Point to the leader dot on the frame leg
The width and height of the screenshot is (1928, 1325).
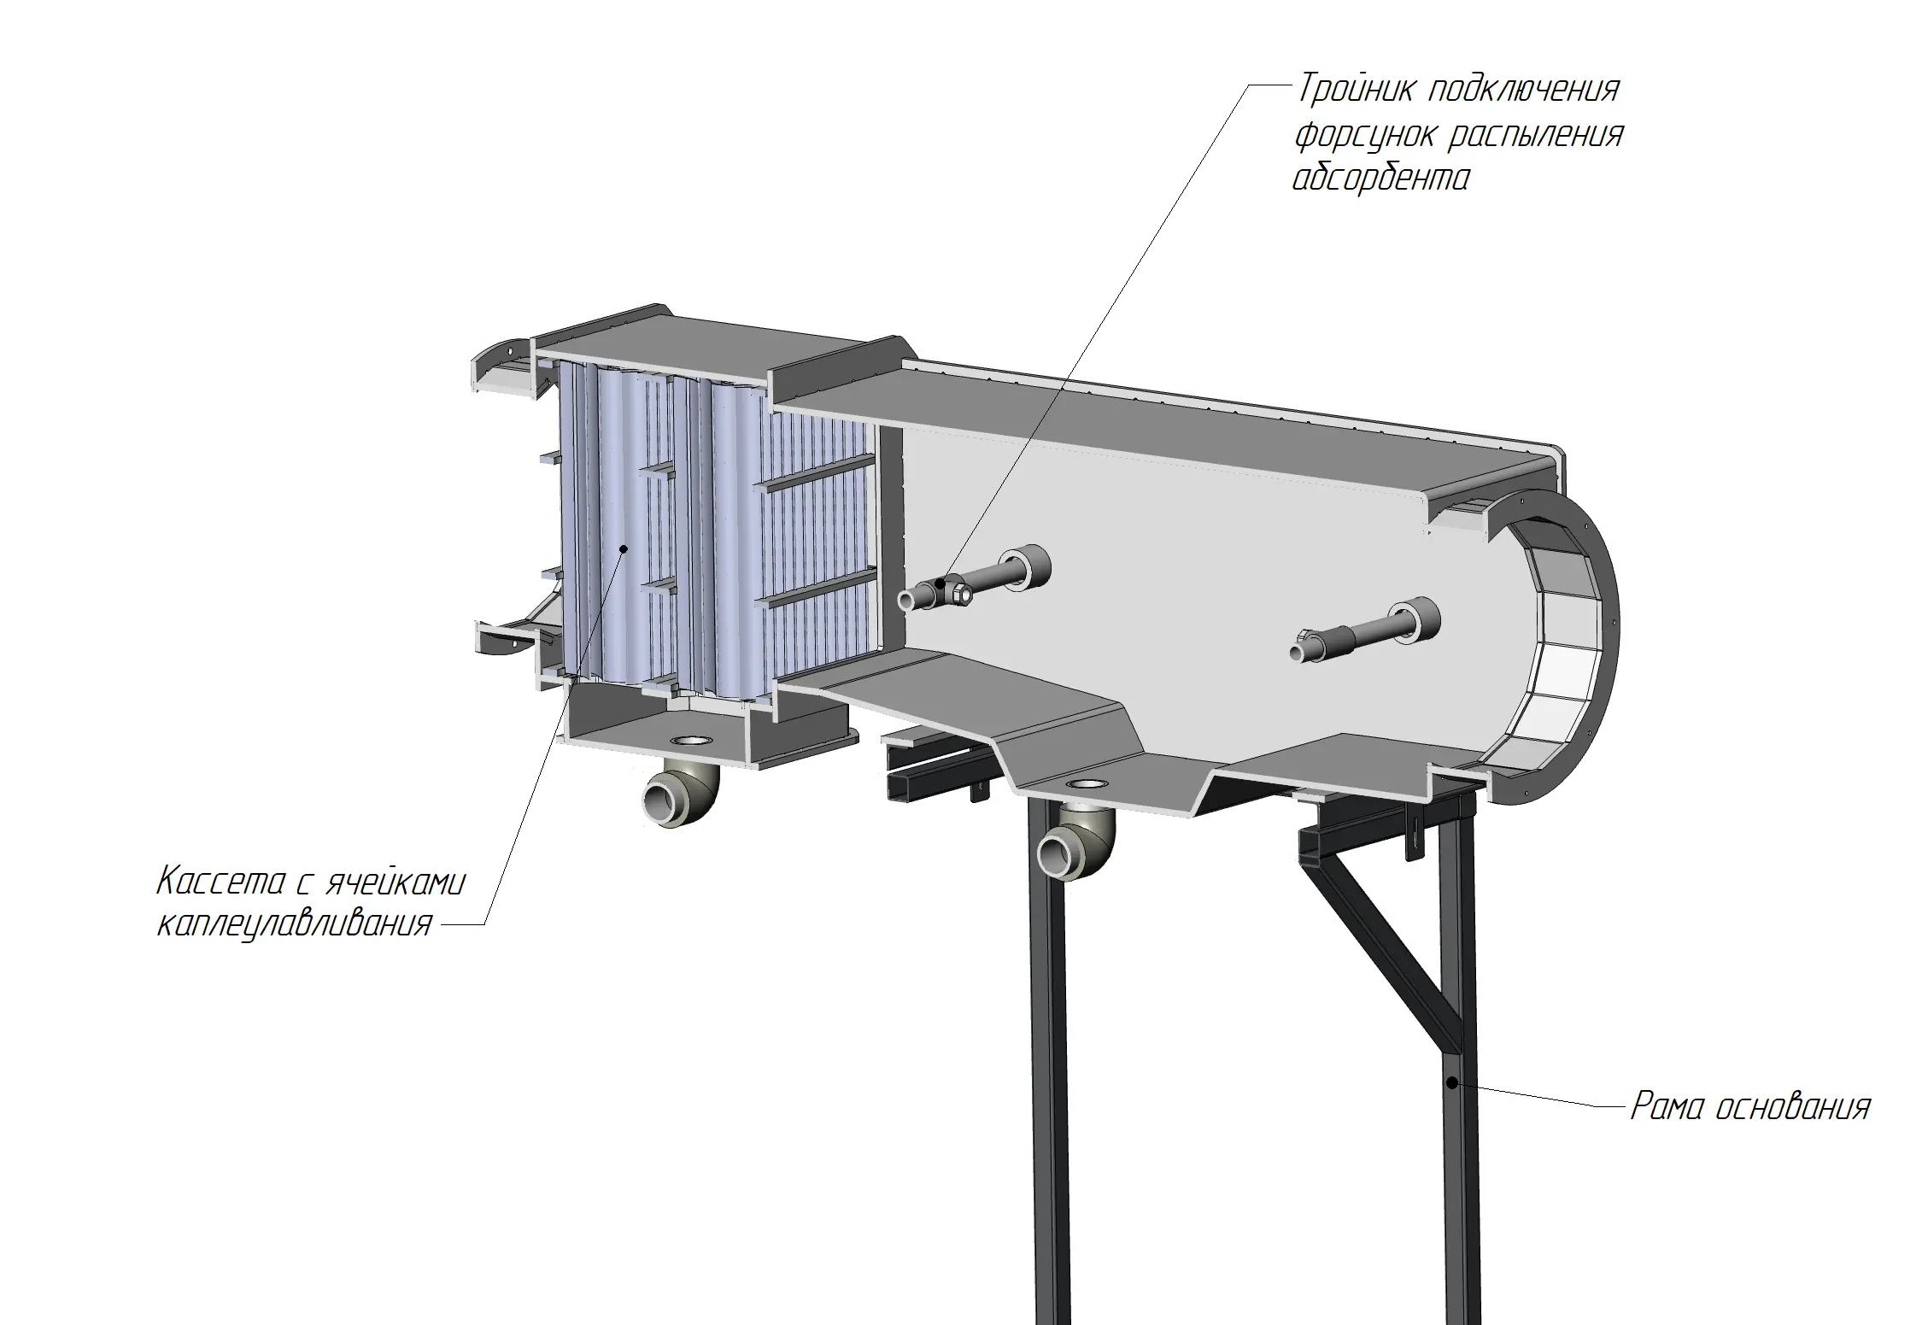[x=1451, y=1083]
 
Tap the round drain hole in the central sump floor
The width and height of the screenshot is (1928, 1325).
[x=1085, y=783]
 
